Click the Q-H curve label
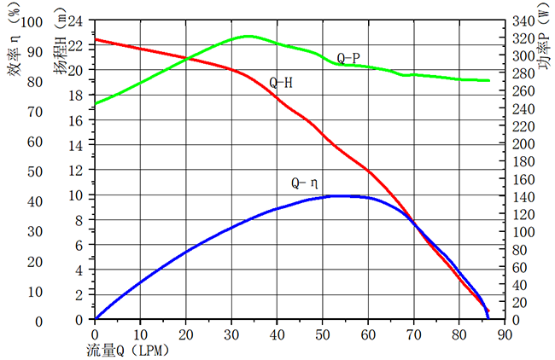[x=282, y=84]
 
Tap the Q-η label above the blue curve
[x=305, y=183]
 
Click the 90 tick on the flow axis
[x=505, y=334]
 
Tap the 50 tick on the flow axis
[x=323, y=334]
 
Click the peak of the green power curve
[x=248, y=36]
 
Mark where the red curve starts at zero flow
[x=95, y=38]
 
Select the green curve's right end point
[x=489, y=80]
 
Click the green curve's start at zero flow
[x=95, y=104]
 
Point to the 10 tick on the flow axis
[x=140, y=334]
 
